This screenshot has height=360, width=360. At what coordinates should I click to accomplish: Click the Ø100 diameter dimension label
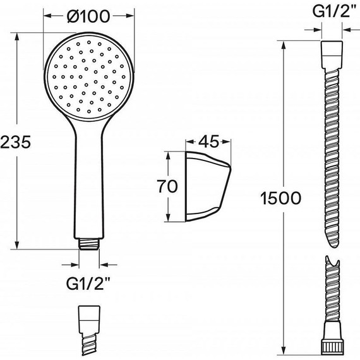[x=88, y=16]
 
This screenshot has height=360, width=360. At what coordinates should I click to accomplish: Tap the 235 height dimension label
[x=15, y=142]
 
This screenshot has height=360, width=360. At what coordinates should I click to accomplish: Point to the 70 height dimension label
[x=167, y=186]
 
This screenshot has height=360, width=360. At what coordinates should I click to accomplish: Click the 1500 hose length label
[x=281, y=198]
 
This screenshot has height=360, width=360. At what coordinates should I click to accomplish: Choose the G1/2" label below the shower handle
[x=88, y=284]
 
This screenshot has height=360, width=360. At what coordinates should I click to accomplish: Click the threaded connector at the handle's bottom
[x=89, y=243]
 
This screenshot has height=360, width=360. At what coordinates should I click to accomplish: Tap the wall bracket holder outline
[x=208, y=187]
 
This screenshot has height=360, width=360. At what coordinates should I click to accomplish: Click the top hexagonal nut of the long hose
[x=332, y=55]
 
